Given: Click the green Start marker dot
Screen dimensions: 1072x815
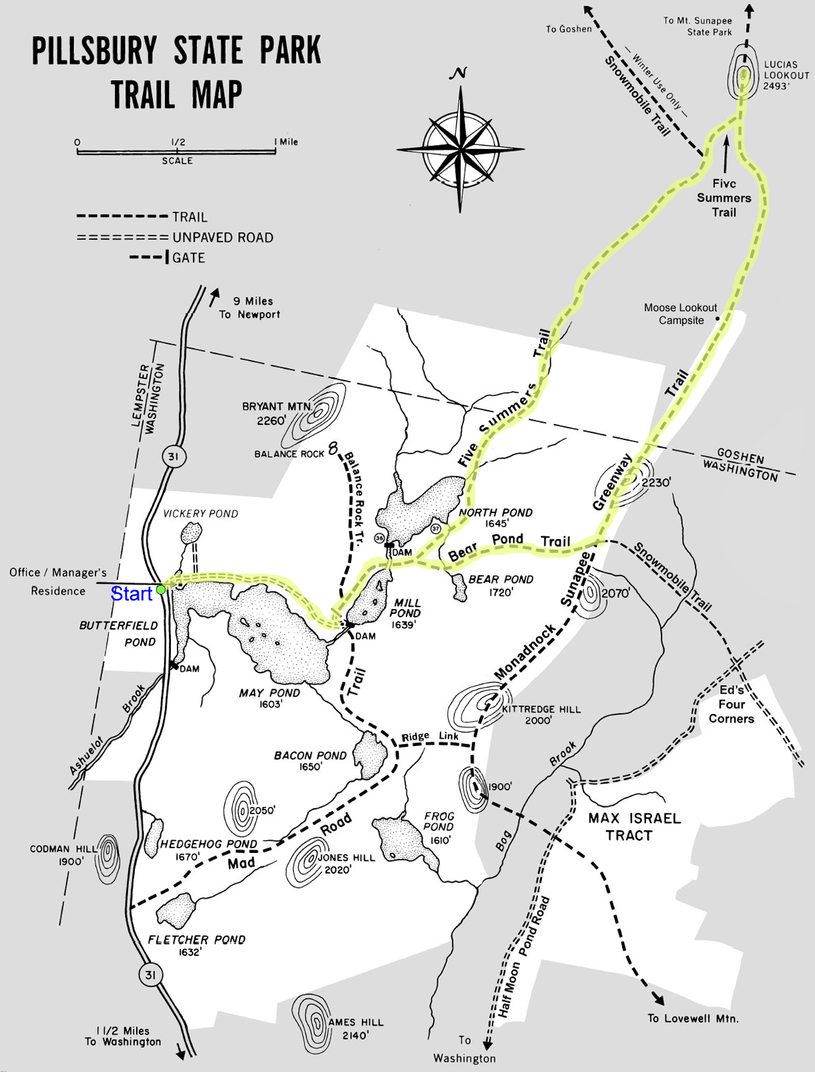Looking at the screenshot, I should click(x=161, y=590).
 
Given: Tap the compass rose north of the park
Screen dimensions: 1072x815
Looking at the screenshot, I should click(x=461, y=148).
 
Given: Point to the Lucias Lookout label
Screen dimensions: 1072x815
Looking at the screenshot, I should click(x=786, y=75).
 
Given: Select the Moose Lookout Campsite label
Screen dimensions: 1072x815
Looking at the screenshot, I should click(x=680, y=314).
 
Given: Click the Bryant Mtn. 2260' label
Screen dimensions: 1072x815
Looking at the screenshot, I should click(x=272, y=413).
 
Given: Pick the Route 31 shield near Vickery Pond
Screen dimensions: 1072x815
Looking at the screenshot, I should click(x=174, y=457).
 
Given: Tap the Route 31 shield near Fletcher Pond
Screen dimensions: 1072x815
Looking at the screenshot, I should click(x=150, y=974).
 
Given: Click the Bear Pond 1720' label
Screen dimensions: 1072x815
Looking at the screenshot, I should click(x=501, y=585).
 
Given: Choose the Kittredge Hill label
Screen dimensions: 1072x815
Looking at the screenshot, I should click(x=541, y=714).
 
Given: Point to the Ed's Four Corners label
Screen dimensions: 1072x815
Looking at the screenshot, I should click(x=732, y=704).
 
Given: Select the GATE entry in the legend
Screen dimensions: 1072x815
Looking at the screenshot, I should click(x=188, y=258).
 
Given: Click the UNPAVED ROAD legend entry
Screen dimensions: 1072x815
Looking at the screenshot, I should click(x=222, y=237).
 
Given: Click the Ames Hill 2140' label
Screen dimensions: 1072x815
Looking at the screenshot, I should click(x=356, y=1029).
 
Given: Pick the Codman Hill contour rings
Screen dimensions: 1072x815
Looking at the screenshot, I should click(x=107, y=858).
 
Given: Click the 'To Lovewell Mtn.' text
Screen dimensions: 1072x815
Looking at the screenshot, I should click(x=693, y=1018).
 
